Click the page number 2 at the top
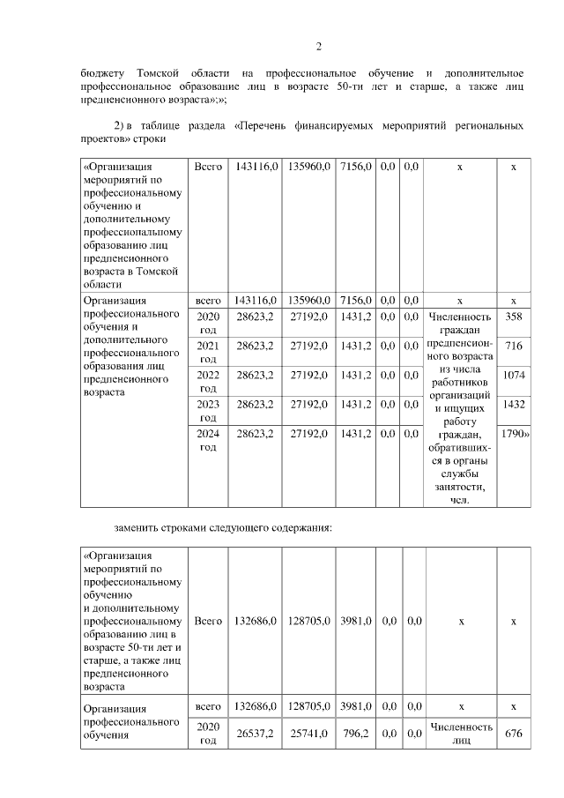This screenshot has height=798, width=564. click(318, 47)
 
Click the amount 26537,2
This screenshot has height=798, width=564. click(255, 733)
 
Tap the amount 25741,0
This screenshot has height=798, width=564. click(308, 733)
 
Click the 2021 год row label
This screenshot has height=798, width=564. click(208, 352)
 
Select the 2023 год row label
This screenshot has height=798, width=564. click(208, 411)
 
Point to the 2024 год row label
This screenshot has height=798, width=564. click(208, 440)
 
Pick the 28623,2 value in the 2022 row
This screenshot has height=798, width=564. click(255, 375)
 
